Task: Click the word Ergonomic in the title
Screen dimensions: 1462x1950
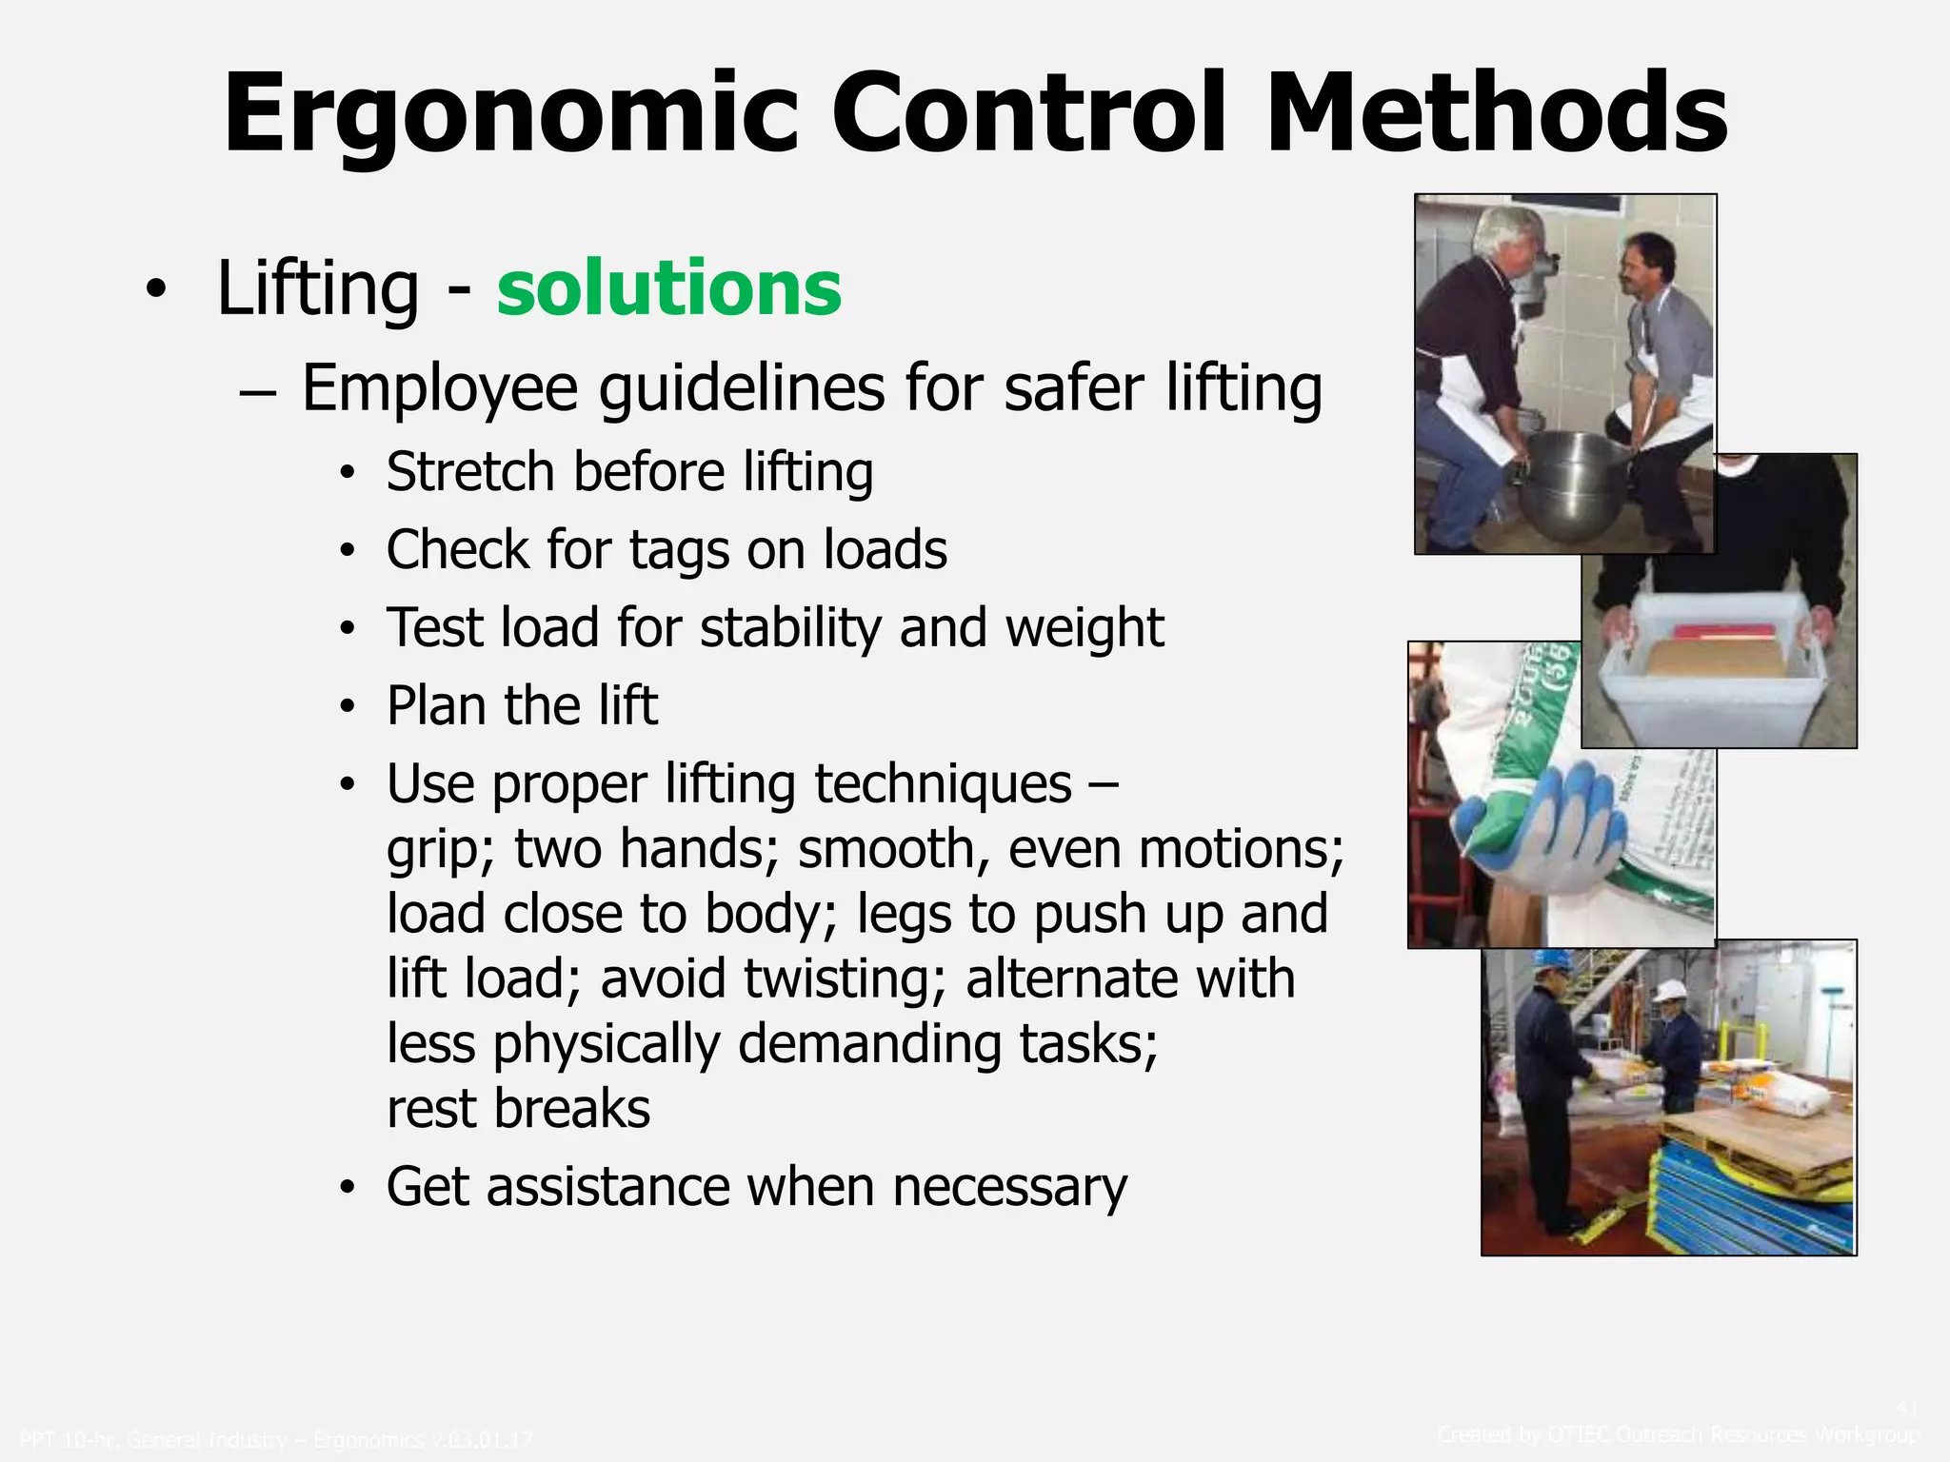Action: pos(509,114)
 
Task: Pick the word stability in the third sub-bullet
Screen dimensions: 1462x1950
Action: pos(790,628)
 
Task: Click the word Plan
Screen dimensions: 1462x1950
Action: pos(438,705)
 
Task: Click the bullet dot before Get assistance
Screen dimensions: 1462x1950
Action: pos(348,1188)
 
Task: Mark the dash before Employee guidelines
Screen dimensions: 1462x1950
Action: pos(258,390)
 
